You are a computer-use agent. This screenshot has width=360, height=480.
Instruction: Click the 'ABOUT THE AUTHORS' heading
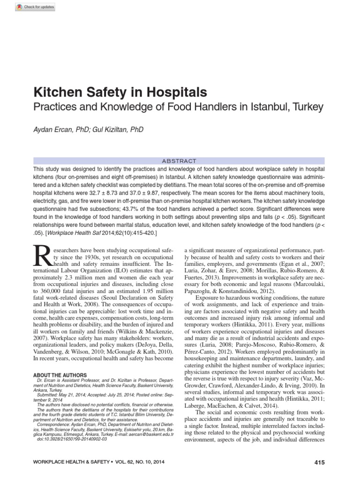point(60,375)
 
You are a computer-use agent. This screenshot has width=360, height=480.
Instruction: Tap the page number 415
point(319,462)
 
